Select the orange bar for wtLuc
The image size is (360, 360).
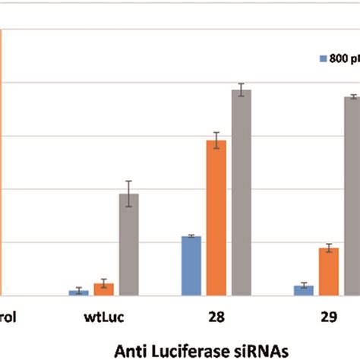(x=104, y=289)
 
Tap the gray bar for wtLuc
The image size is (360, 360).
(x=129, y=245)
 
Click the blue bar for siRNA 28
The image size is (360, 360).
(x=191, y=266)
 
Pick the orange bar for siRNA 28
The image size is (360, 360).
(x=216, y=218)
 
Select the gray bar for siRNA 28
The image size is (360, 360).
(x=242, y=192)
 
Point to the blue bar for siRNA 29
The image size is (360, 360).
(x=304, y=290)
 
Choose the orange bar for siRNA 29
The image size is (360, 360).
(x=329, y=271)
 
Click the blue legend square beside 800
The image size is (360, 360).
(x=322, y=58)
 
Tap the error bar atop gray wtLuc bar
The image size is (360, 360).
(x=129, y=194)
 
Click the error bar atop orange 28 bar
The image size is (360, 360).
(x=216, y=141)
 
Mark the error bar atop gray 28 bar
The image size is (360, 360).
(x=242, y=90)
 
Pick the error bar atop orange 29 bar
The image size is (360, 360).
(x=329, y=248)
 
